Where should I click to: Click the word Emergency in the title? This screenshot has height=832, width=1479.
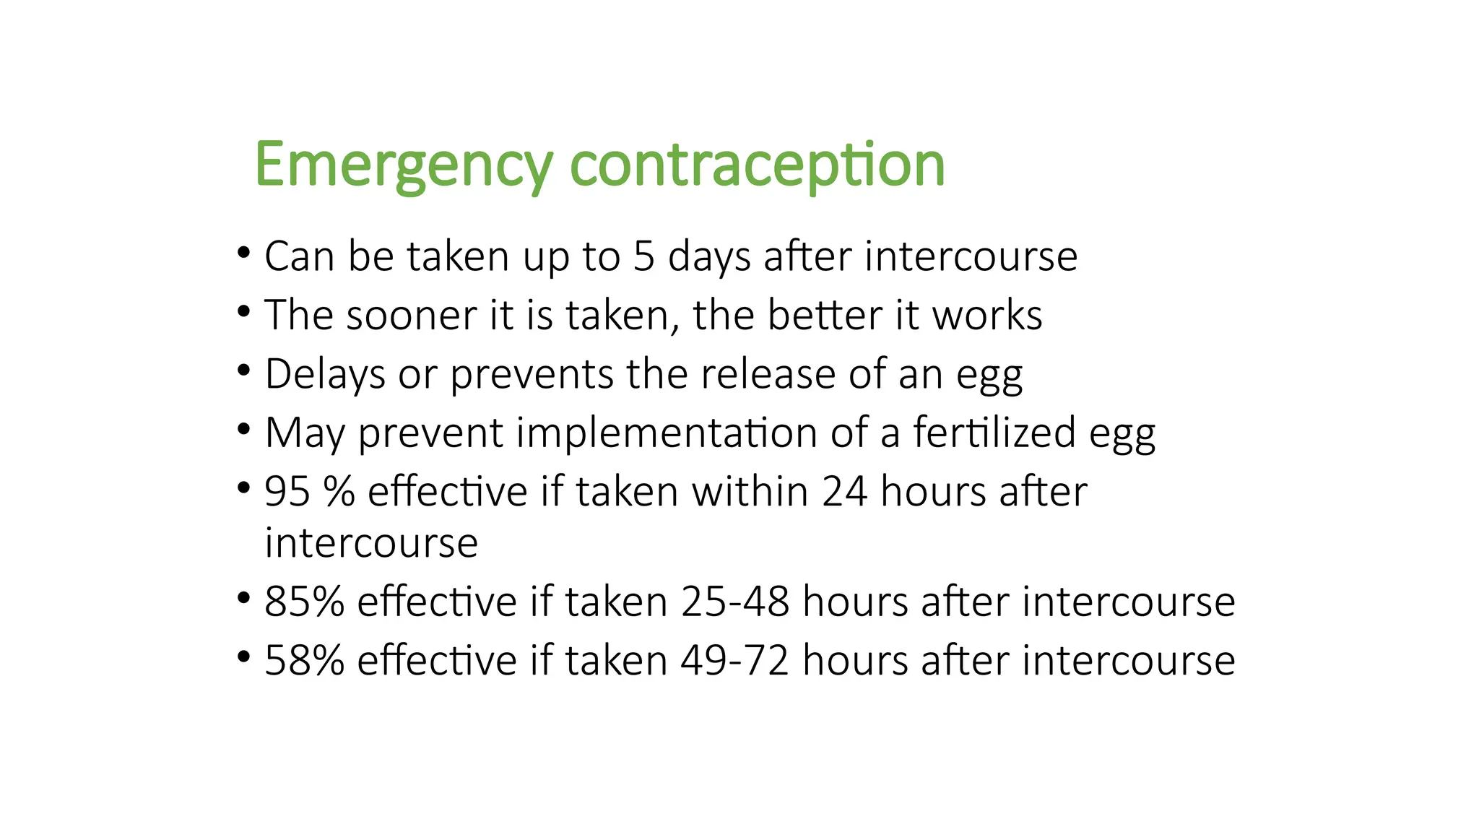point(404,166)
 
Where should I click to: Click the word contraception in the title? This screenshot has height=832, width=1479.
point(757,166)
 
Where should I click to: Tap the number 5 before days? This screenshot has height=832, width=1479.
point(643,256)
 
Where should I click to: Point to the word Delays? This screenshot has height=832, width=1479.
point(325,375)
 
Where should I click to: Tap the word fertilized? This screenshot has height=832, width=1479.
point(994,433)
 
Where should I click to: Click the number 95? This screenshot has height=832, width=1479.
point(287,493)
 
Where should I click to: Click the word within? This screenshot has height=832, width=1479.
point(750,493)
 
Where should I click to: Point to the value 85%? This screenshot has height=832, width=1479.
point(304,602)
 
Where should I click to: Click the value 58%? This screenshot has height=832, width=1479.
point(304,661)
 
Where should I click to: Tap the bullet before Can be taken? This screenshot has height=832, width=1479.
point(243,253)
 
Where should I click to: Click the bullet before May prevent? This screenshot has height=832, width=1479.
point(243,430)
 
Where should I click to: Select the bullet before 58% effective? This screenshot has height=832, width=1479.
point(243,658)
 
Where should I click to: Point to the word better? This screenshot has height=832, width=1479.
point(825,316)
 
